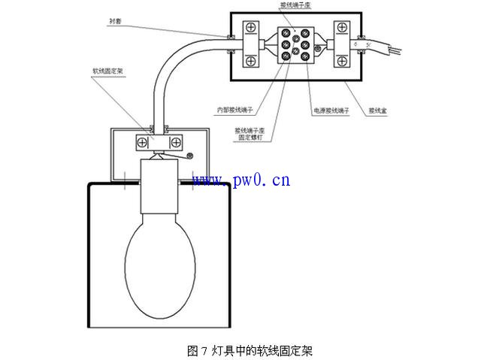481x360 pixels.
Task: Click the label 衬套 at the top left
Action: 114,23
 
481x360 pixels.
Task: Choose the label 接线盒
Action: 377,110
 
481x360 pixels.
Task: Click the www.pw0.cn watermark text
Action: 240,180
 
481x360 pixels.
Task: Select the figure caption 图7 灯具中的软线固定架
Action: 249,350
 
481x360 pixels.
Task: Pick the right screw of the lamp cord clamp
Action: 176,141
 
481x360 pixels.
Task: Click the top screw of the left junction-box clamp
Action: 250,29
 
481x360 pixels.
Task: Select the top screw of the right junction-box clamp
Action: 343,29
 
